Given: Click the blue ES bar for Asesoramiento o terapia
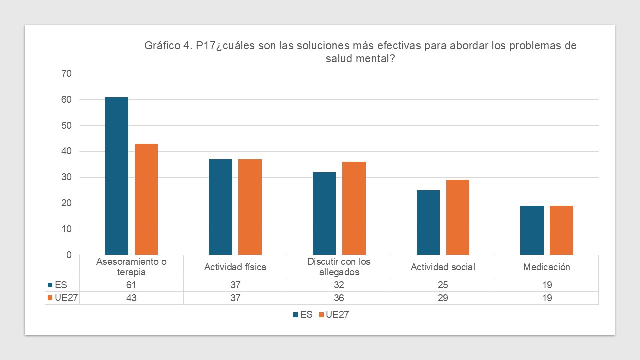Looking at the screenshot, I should click(117, 176).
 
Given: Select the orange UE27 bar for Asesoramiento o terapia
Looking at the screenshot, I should click(146, 199).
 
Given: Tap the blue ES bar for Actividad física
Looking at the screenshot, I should click(220, 207).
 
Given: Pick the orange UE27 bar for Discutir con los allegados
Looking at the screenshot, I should click(354, 208).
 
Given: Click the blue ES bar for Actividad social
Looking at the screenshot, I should click(428, 223).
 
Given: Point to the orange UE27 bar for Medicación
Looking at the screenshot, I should click(561, 230).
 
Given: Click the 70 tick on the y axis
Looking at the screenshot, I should click(66, 74).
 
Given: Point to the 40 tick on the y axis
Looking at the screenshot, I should click(66, 151).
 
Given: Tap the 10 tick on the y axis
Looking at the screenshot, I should click(66, 229).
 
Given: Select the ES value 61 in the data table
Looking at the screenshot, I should click(132, 285).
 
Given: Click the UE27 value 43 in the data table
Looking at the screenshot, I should click(132, 298).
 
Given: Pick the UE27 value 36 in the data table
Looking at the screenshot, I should click(339, 298).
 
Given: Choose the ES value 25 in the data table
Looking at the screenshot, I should click(443, 285).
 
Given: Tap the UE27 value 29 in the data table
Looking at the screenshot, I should click(443, 298).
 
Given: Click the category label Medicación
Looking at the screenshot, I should click(546, 267).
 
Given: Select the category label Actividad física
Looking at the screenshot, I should click(235, 267).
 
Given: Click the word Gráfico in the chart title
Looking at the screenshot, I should click(162, 46).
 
